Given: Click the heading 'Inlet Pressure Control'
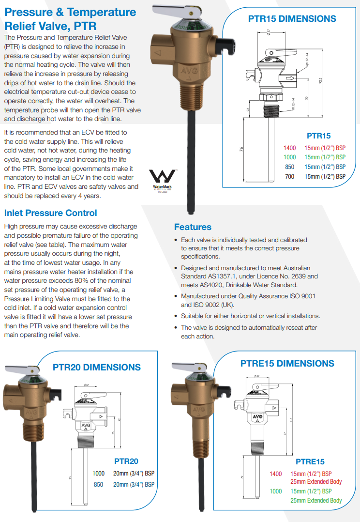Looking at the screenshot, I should [50, 213].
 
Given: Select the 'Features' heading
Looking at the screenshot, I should [193, 227].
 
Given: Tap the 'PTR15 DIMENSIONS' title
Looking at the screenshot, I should [292, 19].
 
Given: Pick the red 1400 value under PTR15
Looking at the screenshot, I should [289, 148].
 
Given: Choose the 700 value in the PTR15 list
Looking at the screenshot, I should [289, 176].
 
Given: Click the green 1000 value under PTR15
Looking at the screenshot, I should [289, 157].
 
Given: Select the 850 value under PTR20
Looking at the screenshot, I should [99, 484].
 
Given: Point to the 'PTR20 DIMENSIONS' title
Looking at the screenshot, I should [97, 367].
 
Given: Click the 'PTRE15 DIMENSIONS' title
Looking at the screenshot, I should [287, 363].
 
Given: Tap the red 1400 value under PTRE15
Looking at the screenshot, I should [276, 474].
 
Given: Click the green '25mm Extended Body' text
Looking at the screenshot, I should [316, 500].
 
